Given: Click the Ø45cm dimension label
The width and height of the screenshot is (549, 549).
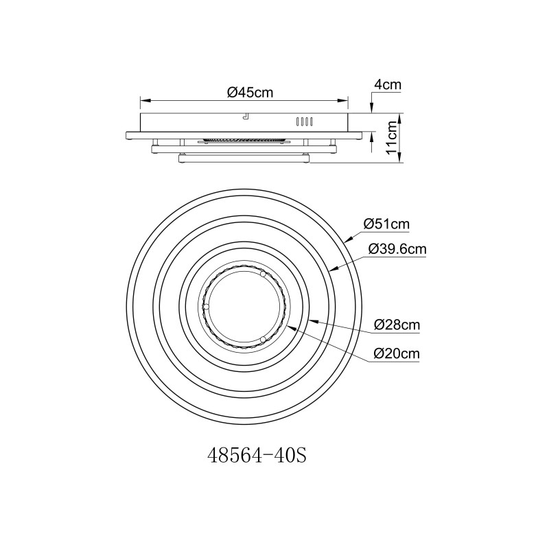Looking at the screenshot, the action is [250, 93].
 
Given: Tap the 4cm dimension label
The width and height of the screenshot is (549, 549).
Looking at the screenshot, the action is [388, 85].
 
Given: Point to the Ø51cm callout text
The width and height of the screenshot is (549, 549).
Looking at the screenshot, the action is [386, 224].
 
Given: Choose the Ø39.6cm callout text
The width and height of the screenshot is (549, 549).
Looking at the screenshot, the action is [397, 249].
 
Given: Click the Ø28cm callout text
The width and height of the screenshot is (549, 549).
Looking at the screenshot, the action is [397, 325].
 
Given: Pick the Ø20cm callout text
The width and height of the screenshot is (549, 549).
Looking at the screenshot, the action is [397, 353].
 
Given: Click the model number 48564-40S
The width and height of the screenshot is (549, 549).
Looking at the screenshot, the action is [257, 456].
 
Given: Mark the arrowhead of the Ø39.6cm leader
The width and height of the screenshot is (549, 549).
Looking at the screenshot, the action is [334, 268].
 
